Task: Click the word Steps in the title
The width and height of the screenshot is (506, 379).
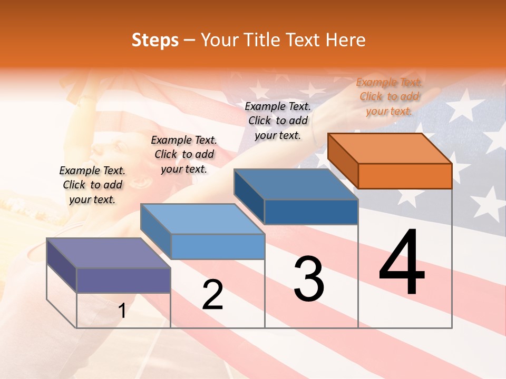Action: tap(155, 40)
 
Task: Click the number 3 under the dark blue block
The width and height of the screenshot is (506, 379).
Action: tap(309, 279)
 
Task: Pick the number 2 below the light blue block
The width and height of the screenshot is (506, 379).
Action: tap(212, 295)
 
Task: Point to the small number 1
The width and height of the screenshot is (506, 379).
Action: tap(122, 311)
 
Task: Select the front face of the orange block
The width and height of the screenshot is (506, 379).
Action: tap(405, 176)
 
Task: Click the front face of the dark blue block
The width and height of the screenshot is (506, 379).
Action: tap(311, 212)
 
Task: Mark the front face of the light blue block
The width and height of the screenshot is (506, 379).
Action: tap(218, 246)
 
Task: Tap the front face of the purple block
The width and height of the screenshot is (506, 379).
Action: tap(123, 280)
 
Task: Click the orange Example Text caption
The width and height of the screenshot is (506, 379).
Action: tap(389, 96)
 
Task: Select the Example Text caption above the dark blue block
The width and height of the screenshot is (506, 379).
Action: tap(278, 121)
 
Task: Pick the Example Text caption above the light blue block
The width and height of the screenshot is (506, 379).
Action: tap(184, 154)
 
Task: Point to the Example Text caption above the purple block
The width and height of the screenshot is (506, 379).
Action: tap(92, 185)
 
